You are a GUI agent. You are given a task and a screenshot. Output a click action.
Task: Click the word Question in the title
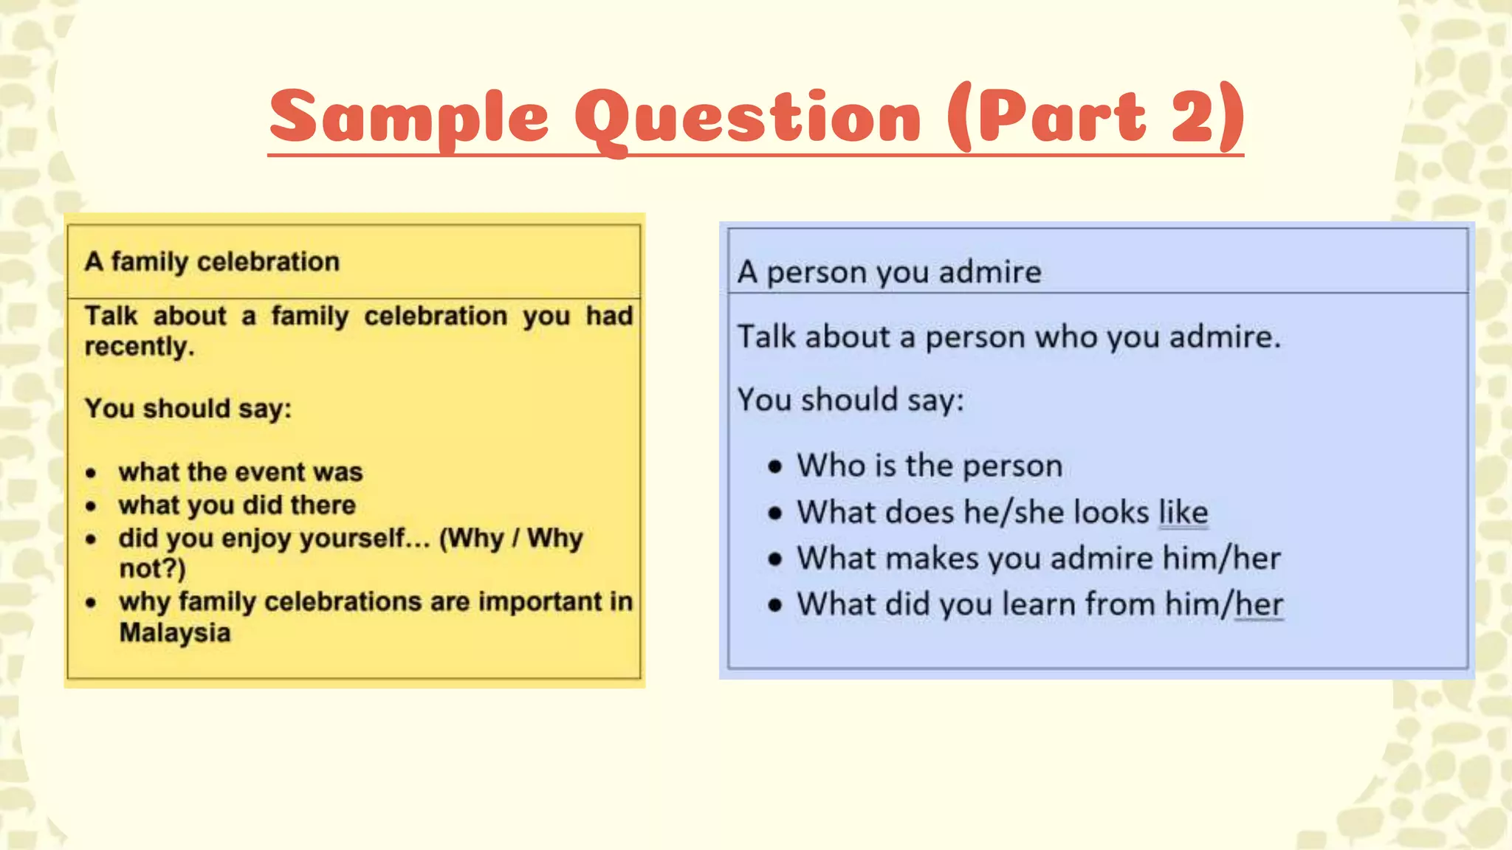point(748,118)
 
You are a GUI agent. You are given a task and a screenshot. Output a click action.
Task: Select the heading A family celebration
point(212,262)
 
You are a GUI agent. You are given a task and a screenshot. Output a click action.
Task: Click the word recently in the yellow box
point(139,347)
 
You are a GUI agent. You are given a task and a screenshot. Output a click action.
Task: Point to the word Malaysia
point(175,633)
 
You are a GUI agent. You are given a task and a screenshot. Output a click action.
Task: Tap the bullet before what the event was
point(91,473)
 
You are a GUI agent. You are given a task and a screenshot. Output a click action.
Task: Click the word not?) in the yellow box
point(152,569)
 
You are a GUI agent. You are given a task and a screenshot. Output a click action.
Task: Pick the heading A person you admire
point(889,272)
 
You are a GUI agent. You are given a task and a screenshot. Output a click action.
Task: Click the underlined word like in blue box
point(1183,513)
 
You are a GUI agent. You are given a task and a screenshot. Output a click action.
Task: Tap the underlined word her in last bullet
point(1259,604)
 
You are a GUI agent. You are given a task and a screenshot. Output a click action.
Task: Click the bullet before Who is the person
point(774,466)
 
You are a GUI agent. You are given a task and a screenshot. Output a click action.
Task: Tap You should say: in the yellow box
point(188,409)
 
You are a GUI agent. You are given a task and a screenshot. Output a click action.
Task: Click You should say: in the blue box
point(850,401)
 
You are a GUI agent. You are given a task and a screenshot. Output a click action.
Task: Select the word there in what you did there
point(323,505)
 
